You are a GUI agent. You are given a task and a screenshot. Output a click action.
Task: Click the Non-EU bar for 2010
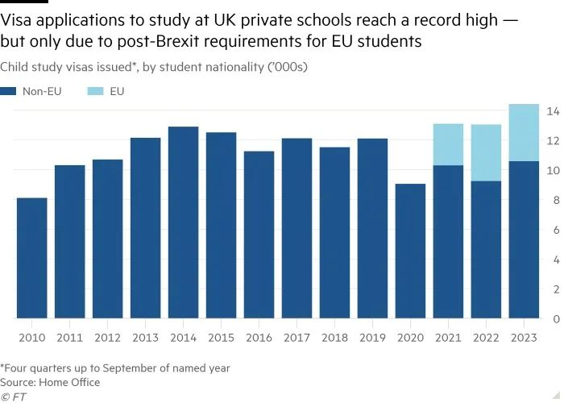(x=31, y=258)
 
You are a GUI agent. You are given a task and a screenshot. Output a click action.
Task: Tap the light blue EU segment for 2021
(x=449, y=144)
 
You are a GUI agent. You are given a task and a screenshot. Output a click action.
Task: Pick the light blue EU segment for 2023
(x=524, y=132)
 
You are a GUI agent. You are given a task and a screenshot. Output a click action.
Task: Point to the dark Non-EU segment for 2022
(x=487, y=250)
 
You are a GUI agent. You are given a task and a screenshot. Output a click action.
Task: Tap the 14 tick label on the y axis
(x=553, y=110)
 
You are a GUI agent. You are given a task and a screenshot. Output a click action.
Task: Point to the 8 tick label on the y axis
(x=553, y=200)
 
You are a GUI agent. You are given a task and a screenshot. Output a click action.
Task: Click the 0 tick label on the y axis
(x=553, y=319)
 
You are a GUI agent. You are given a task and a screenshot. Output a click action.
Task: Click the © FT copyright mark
(x=11, y=397)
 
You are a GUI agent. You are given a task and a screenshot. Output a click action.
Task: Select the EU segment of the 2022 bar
(x=487, y=152)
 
